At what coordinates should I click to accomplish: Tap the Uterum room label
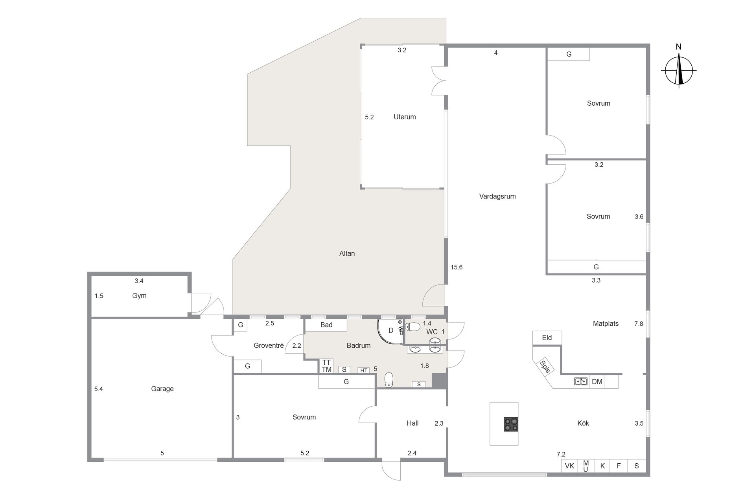(405, 117)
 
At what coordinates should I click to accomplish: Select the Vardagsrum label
(497, 196)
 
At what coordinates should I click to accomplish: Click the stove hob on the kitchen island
(511, 424)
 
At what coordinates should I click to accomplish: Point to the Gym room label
(139, 296)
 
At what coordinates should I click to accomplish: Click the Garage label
(162, 389)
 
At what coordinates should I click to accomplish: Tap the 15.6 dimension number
(457, 267)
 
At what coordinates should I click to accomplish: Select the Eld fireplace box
(547, 338)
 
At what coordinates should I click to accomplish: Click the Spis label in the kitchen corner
(545, 367)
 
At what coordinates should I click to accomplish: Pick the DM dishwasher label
(597, 382)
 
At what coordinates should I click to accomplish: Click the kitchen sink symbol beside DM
(581, 381)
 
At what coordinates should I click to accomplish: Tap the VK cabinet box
(569, 466)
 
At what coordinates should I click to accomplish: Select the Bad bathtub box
(326, 325)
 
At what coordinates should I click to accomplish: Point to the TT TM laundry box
(326, 366)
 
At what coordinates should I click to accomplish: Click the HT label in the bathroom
(364, 370)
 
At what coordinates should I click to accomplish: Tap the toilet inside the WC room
(413, 327)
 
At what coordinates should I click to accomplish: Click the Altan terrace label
(347, 253)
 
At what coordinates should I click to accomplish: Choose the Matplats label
(606, 324)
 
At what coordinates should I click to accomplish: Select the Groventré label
(269, 345)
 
